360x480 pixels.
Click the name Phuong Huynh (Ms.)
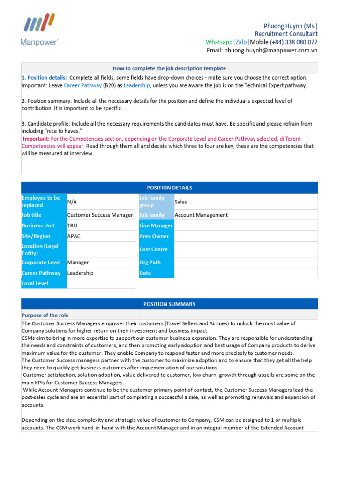tap(291, 26)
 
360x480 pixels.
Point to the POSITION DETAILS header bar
tap(169, 188)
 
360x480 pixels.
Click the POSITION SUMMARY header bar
tap(169, 304)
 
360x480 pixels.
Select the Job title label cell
tap(44, 215)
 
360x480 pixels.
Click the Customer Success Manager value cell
tap(100, 215)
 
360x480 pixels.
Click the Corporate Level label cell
tap(44, 262)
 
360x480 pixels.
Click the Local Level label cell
tap(44, 283)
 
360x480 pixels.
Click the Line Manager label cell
tap(156, 225)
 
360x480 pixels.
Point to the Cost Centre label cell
tap(156, 249)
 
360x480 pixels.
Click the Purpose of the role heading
tap(45, 315)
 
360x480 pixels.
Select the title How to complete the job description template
tap(169, 68)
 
